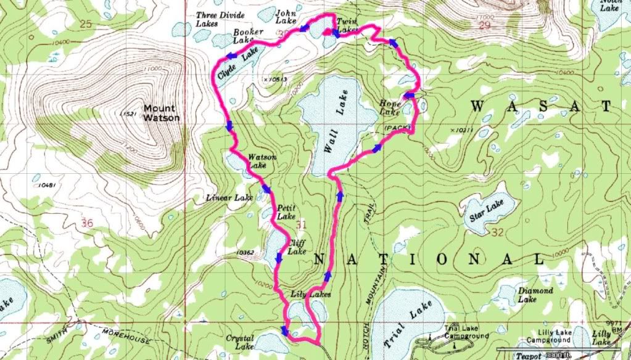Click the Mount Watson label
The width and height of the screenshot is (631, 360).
(162, 113)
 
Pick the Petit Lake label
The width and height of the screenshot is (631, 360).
(286, 211)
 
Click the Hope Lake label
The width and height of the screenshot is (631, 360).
(389, 108)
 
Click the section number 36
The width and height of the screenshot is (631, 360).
(86, 224)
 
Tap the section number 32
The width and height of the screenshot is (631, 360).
(499, 234)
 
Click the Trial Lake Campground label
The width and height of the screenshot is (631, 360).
(466, 333)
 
